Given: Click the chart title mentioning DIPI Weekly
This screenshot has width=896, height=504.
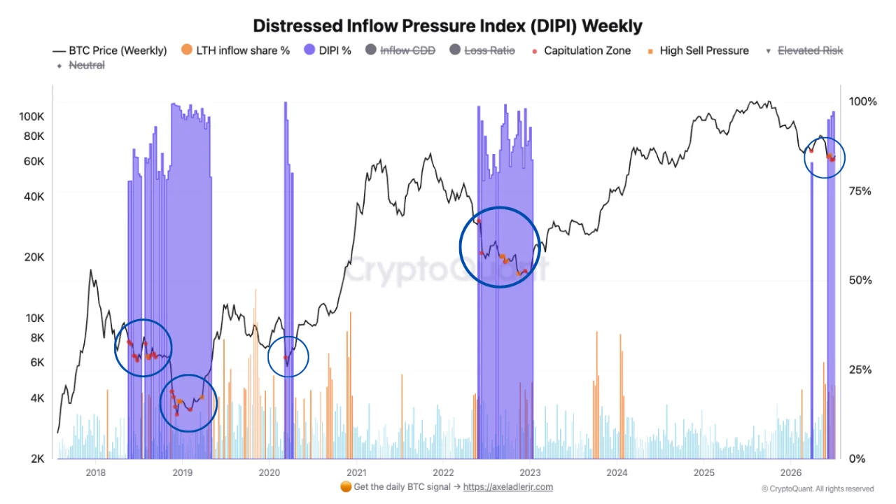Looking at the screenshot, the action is click(x=447, y=26).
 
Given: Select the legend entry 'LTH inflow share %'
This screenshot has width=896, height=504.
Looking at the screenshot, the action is click(x=235, y=50).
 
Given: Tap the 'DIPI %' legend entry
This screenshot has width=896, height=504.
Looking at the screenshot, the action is click(x=328, y=50).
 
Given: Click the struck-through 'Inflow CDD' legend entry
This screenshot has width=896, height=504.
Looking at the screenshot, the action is click(x=400, y=50).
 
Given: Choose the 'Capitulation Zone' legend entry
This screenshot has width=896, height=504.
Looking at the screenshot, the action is click(x=581, y=51).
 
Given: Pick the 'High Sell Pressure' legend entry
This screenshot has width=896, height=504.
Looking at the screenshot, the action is click(x=699, y=51).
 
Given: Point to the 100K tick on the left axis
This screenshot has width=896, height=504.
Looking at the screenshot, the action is click(x=31, y=117).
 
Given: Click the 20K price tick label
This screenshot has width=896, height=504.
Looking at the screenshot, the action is click(x=34, y=257).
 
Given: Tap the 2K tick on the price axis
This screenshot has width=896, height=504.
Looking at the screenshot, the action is click(x=38, y=458).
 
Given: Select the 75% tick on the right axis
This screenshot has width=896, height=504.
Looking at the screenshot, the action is click(x=860, y=191).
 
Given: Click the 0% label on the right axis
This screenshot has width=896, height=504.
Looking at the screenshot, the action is click(x=857, y=458).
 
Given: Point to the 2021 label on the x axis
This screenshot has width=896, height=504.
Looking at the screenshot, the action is click(x=356, y=472).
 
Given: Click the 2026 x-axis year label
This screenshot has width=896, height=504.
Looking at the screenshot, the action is click(x=791, y=472).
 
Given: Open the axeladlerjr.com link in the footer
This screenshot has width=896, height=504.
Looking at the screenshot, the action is click(x=508, y=487).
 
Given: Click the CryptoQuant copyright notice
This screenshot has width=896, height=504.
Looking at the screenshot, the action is click(x=818, y=489).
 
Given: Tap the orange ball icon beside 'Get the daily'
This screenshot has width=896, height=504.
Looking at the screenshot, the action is click(x=346, y=486).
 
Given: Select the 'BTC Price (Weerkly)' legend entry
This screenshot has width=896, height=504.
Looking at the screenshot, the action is click(x=110, y=51).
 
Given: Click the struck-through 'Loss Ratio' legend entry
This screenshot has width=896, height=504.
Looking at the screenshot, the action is click(x=482, y=50).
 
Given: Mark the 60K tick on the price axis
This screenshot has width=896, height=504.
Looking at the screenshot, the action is click(x=34, y=162).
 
